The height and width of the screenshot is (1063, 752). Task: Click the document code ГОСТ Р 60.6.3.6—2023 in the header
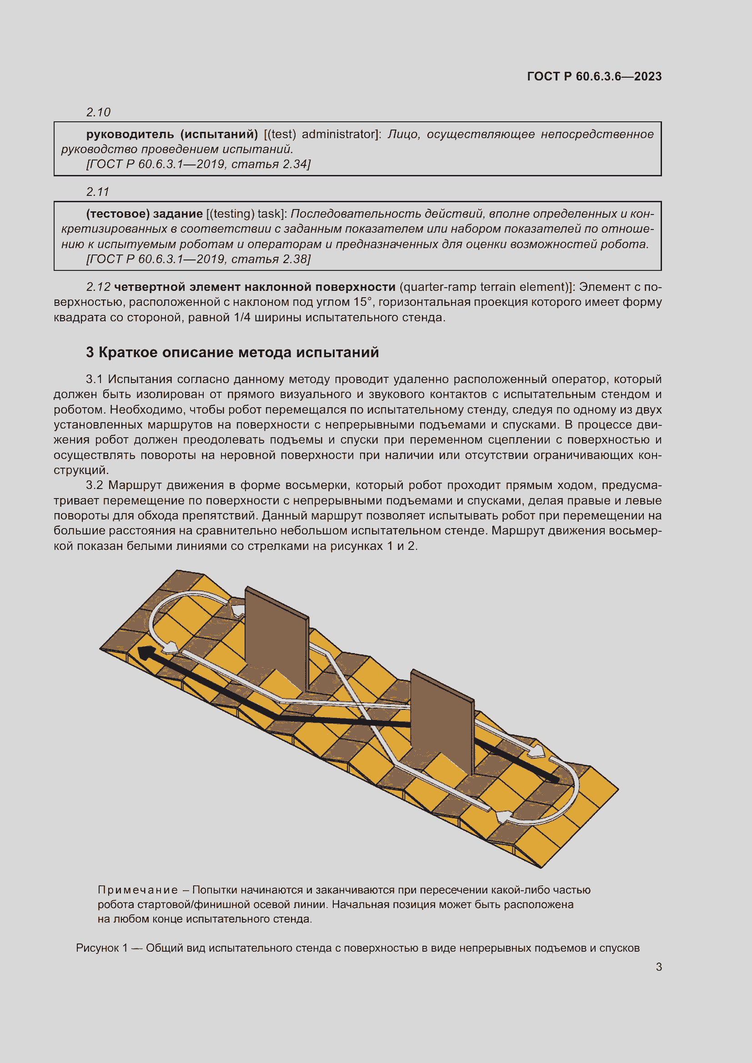coord(594,76)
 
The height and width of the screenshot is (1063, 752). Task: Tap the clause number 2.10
coord(98,112)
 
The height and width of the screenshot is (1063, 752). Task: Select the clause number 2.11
coord(98,192)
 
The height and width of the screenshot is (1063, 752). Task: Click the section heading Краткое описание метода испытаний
coord(239,353)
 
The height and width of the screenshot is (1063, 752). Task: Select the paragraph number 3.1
coord(94,379)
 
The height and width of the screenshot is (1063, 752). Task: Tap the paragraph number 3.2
coord(94,485)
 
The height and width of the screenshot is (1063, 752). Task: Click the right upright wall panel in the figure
coord(442,722)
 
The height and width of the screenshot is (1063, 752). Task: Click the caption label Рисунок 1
coord(101,948)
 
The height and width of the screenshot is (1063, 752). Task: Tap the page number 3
coord(658,967)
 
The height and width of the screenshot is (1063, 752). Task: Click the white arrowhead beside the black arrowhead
coord(171,647)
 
